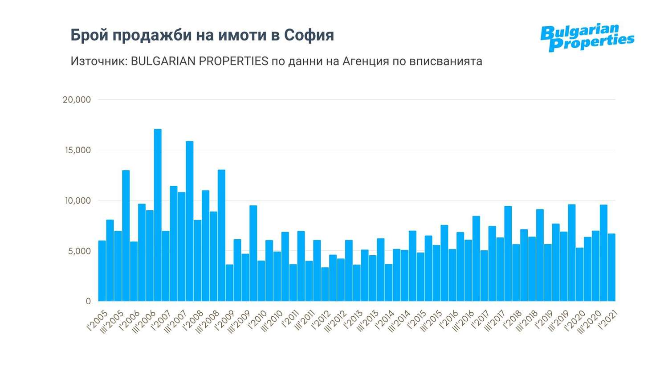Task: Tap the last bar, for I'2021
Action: tap(611, 267)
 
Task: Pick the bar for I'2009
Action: tap(229, 283)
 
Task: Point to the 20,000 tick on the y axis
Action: tap(77, 100)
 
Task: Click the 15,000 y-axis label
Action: tap(78, 150)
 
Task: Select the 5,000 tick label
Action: tap(79, 251)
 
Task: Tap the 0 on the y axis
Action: tap(88, 302)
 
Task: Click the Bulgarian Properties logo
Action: tap(587, 37)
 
